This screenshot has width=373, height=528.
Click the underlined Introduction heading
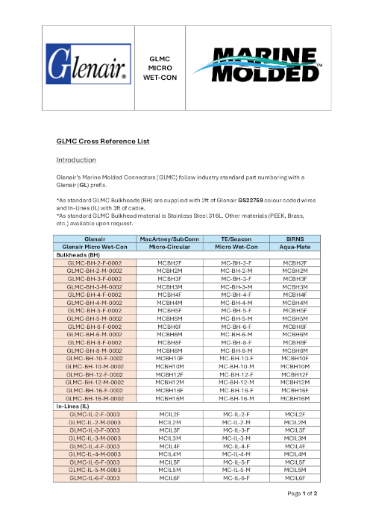pyautogui.click(x=77, y=160)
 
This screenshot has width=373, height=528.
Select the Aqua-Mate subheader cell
pyautogui.click(x=296, y=246)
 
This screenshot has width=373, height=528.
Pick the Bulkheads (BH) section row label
pyautogui.click(x=79, y=254)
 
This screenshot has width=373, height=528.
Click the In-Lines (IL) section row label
pyautogui.click(x=77, y=406)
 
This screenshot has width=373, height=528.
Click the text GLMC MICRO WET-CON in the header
pyautogui.click(x=160, y=66)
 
